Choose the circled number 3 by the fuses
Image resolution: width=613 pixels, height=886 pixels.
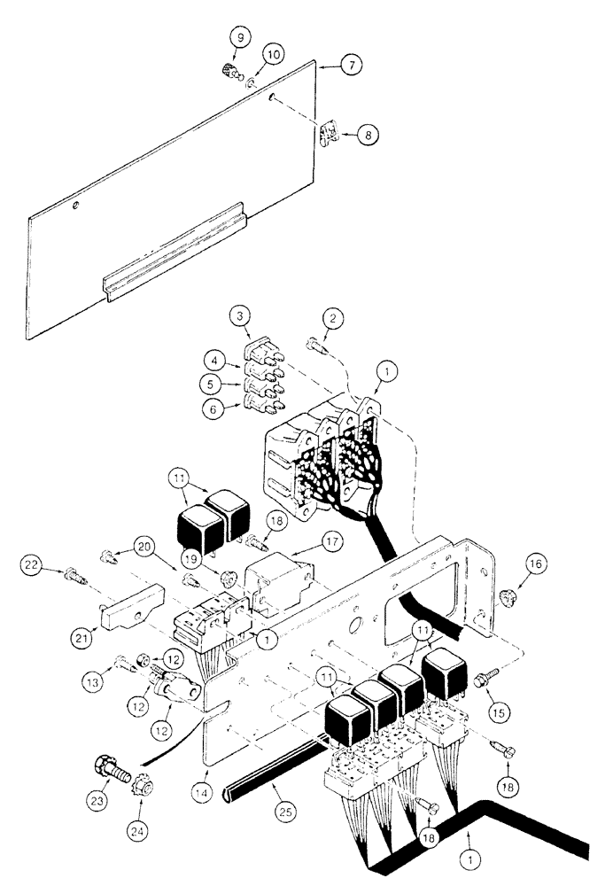point(238,316)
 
